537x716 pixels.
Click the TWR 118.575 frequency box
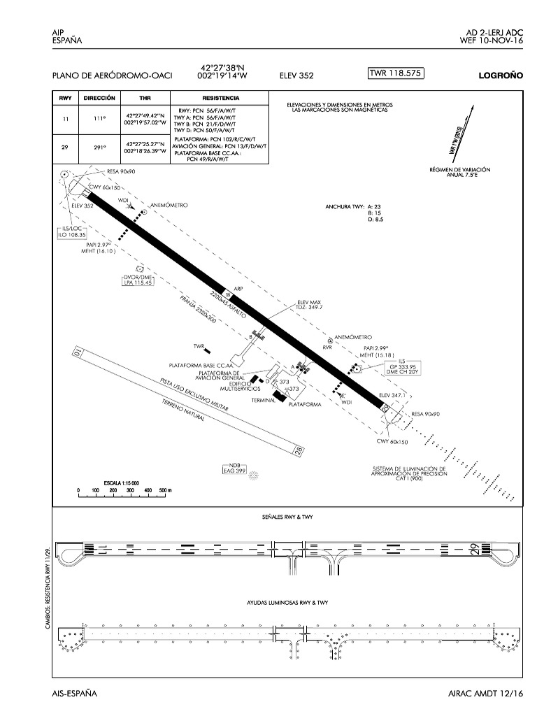395,73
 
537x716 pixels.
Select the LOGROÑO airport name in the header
501,76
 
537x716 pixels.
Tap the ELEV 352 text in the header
296,76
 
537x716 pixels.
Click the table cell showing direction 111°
99,120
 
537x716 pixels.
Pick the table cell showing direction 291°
99,148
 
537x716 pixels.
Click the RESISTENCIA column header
220,99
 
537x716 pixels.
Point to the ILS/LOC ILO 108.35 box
72,232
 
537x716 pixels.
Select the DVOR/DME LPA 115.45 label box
138,280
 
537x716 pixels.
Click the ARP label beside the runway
237,288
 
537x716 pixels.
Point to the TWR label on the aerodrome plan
198,346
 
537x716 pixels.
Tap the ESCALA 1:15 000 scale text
122,483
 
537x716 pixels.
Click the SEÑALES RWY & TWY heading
287,515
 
